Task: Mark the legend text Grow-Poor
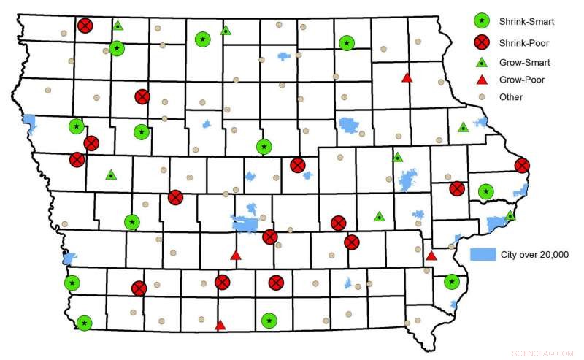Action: click(521, 80)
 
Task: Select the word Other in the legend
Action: click(511, 96)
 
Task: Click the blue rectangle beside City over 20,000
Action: click(483, 254)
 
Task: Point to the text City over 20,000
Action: click(534, 254)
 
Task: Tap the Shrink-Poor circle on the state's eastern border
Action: click(522, 166)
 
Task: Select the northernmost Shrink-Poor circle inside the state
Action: click(85, 26)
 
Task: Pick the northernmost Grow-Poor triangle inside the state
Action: click(407, 77)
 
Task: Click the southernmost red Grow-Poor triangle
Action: click(220, 325)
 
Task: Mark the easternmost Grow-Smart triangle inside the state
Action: click(510, 215)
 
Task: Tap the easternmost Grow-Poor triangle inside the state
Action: click(431, 255)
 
